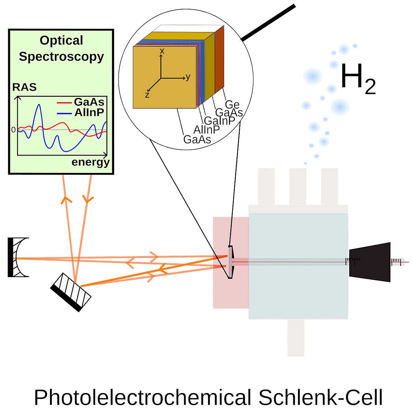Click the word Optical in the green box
coord(61,41)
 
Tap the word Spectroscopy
coord(61,57)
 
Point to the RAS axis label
coord(24,87)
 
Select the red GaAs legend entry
coord(89,102)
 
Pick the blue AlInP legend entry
coord(89,112)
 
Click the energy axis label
coord(91,162)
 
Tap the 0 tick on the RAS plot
coord(13,130)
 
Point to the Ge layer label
coord(232,105)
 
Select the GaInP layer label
coord(219,121)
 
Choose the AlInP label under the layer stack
coord(206,130)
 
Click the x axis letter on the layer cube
coord(162,51)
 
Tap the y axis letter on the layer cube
coord(188,77)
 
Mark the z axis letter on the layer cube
coord(147,95)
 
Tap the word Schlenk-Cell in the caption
coord(320,397)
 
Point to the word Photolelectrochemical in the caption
coord(143,397)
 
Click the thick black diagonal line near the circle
coord(268,23)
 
